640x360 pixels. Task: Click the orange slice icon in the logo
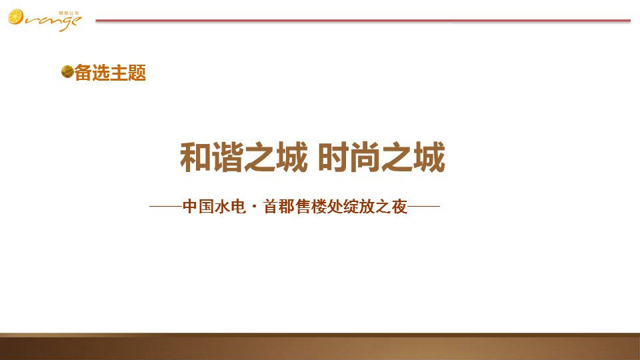tap(15, 17)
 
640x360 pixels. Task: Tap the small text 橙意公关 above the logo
tap(69, 13)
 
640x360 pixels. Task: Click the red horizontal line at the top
tap(363, 20)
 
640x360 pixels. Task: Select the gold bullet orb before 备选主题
tap(67, 72)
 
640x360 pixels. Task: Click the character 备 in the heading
tap(83, 73)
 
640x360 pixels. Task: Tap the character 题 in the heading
tap(137, 73)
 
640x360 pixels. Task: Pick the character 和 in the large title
tap(195, 157)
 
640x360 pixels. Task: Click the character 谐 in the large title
tap(227, 157)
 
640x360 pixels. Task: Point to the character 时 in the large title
tap(333, 157)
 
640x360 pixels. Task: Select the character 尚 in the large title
tap(365, 157)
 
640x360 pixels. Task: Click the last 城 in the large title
tap(429, 157)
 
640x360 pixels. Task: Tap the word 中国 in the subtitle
tap(199, 207)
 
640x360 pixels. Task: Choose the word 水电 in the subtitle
tap(231, 207)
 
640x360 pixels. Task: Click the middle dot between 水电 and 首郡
tap(255, 207)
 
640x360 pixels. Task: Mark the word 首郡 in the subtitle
tap(279, 207)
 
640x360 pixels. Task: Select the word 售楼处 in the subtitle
tap(319, 207)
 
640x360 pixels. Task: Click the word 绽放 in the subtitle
tap(359, 207)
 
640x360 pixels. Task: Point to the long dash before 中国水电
tap(166, 207)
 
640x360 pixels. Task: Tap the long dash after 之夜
tap(424, 207)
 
